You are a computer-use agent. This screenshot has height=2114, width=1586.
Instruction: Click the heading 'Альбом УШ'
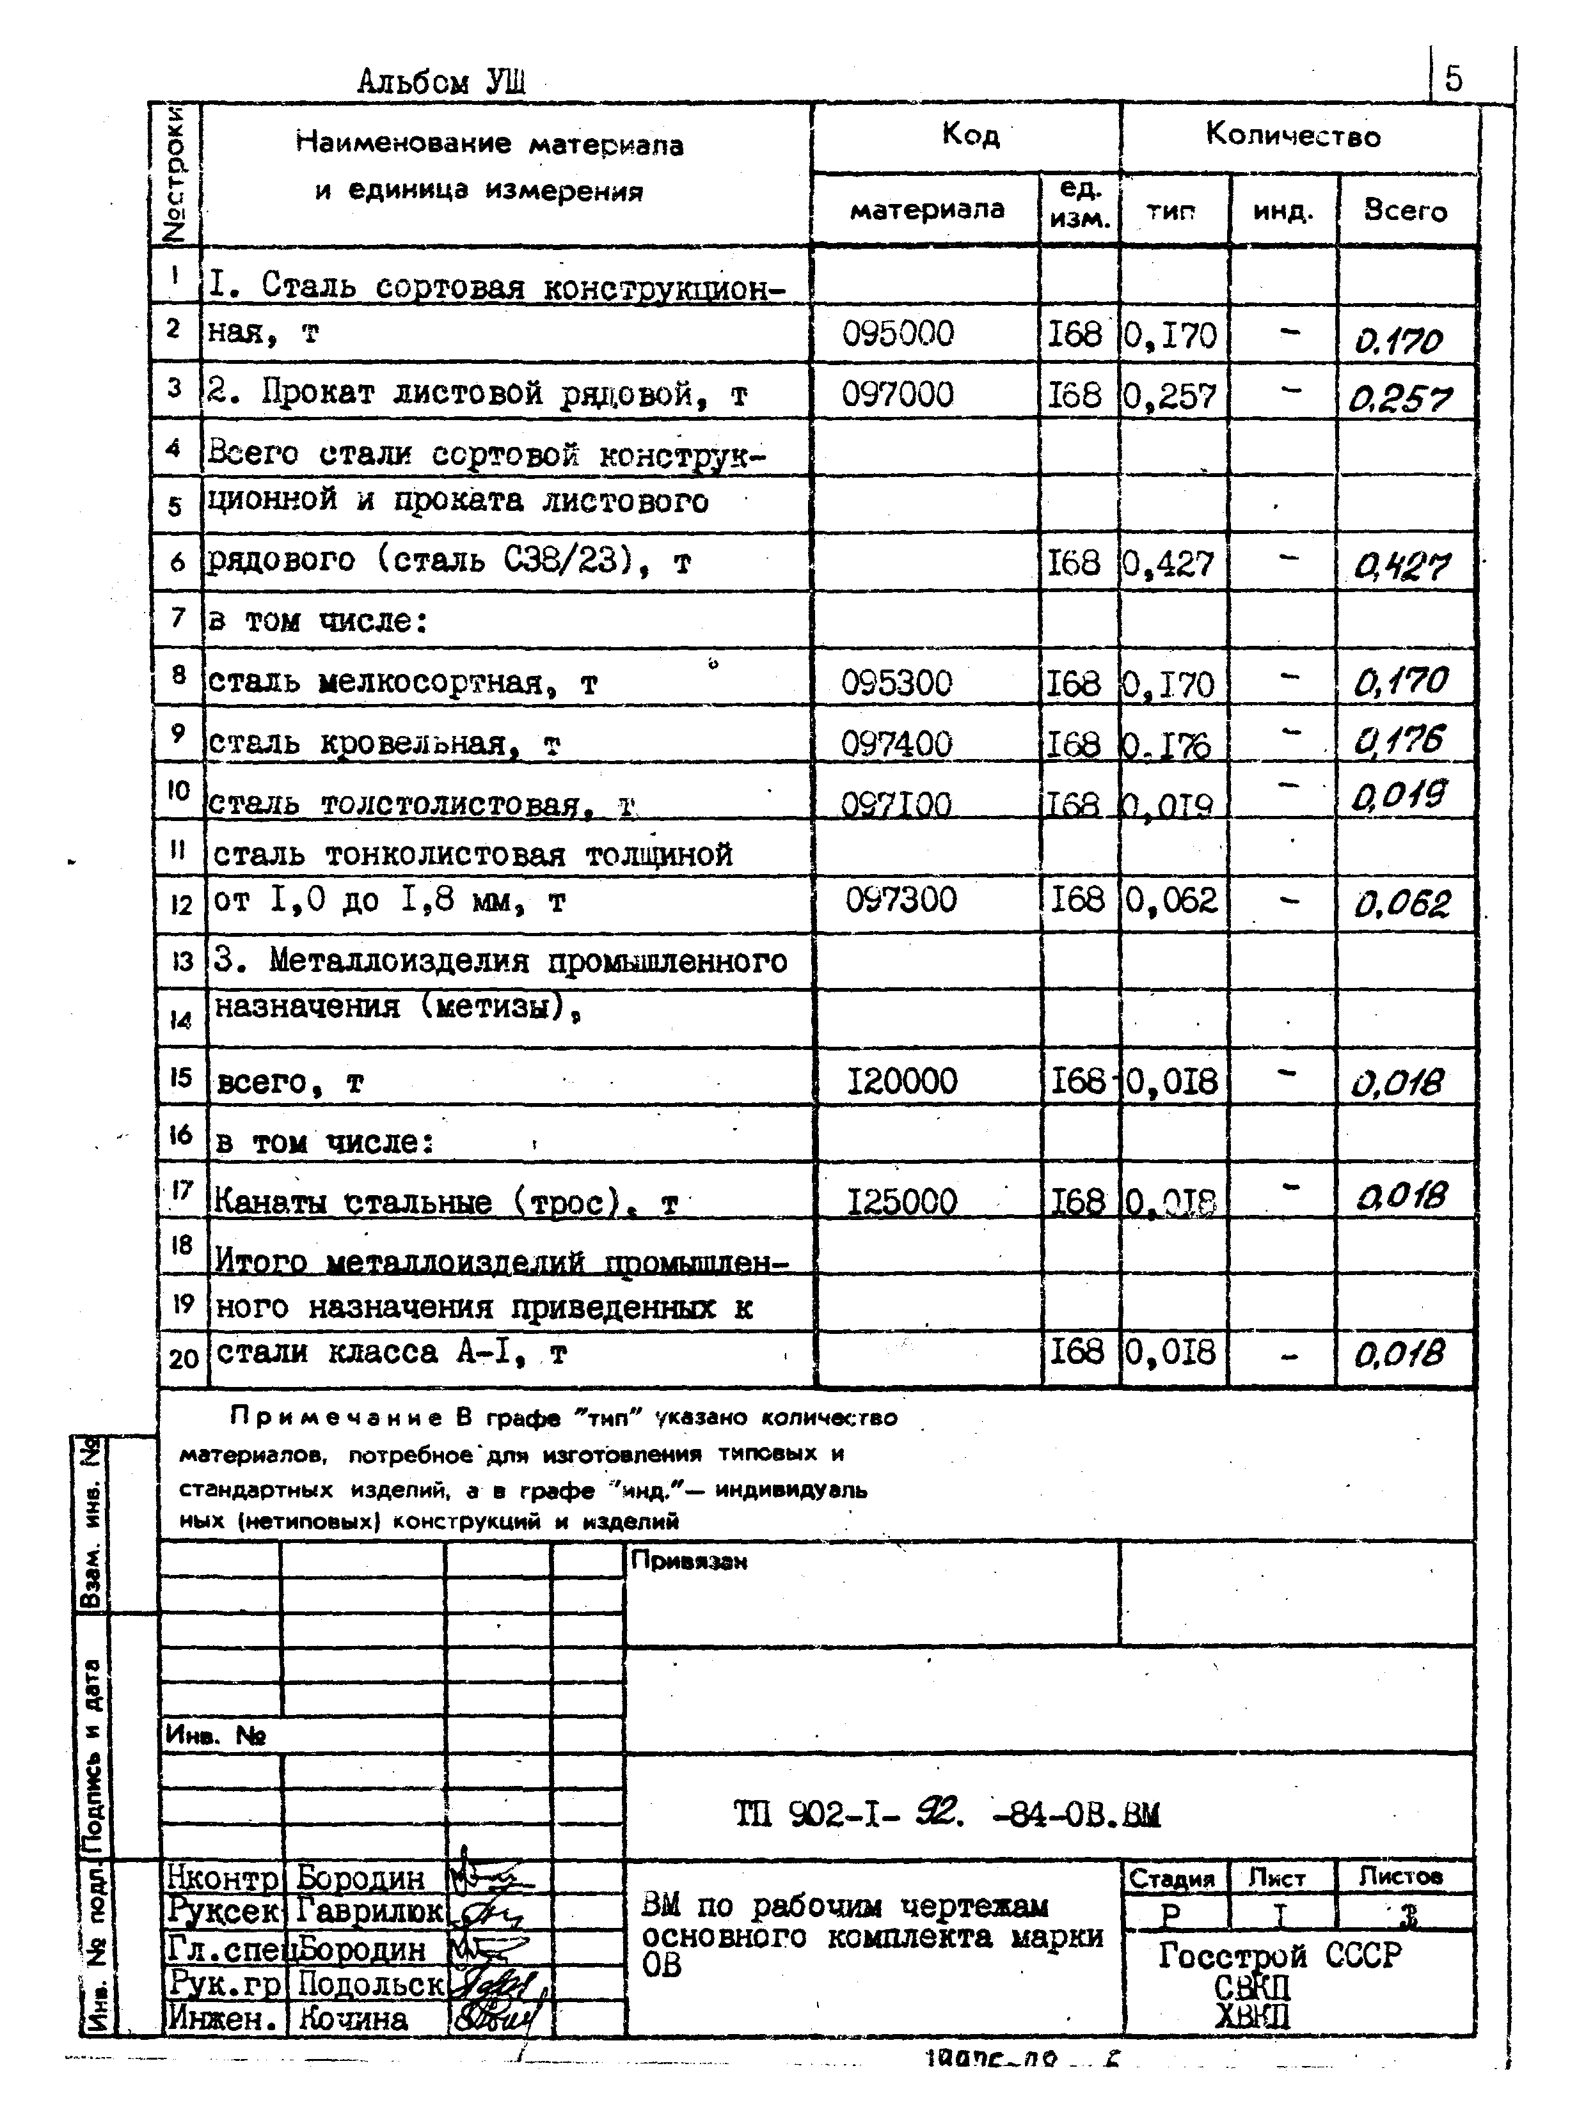[441, 82]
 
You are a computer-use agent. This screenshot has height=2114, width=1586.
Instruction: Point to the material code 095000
[897, 334]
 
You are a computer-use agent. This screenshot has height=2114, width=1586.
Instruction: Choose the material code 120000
[901, 1081]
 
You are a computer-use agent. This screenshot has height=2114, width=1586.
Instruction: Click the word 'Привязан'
[688, 1562]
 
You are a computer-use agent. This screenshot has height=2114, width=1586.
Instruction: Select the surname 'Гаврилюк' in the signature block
[369, 1911]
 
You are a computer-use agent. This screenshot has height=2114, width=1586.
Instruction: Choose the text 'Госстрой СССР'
[1279, 1955]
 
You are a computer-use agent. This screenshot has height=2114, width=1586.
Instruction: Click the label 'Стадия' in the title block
[1172, 1879]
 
